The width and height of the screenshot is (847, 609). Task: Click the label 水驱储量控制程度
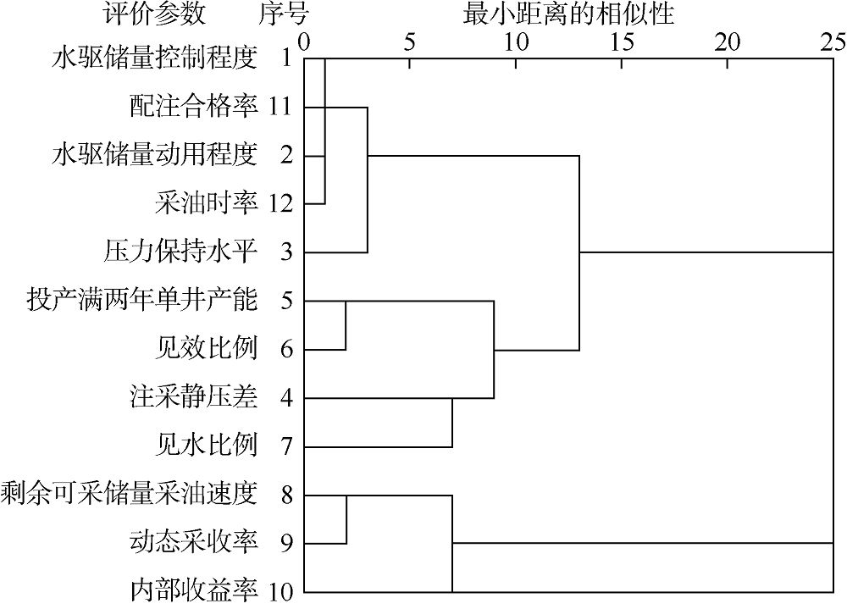154,58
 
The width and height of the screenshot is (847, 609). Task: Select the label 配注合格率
193,107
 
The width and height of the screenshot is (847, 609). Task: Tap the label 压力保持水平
180,252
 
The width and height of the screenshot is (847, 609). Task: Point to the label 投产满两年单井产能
141,301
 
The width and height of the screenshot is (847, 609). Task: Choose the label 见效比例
207,349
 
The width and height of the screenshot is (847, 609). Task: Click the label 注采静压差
193,398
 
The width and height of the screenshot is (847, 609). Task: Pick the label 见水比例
207,446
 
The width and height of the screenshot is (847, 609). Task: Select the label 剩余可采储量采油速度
129,495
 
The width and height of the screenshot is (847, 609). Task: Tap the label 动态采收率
193,543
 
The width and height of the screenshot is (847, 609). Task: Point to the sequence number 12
281,204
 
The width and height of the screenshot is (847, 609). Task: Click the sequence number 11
281,107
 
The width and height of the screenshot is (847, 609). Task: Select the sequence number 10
281,593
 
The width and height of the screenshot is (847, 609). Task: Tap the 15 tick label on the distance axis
622,42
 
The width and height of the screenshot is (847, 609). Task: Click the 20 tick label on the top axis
728,42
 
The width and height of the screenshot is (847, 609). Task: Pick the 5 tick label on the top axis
410,42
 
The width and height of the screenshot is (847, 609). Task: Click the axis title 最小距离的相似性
569,14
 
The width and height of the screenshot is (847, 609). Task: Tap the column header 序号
284,14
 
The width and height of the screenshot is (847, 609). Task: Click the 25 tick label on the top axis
833,42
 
